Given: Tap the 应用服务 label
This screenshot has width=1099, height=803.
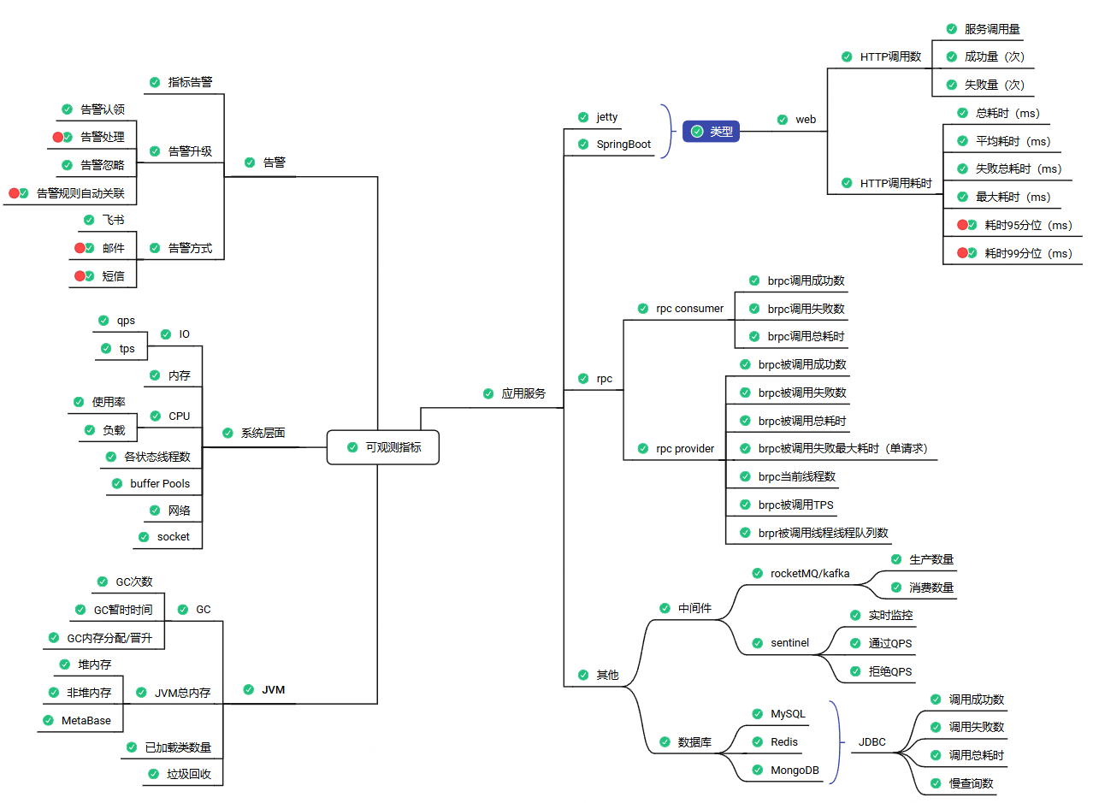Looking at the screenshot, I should pos(523,394).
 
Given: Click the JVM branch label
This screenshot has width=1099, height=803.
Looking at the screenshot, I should pos(274,689).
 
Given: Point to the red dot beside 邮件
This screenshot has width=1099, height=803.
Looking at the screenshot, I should pos(80,248).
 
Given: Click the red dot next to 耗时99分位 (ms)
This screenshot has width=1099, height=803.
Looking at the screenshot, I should pos(962,253).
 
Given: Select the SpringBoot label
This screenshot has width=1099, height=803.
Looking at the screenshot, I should pos(623,145).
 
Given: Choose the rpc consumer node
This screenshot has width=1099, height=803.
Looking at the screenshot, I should pos(689,309).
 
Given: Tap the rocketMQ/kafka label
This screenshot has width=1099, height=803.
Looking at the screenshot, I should pos(810,573).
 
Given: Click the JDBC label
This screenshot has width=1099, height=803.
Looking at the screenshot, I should pos(872,742).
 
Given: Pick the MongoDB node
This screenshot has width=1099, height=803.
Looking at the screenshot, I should pos(795,770).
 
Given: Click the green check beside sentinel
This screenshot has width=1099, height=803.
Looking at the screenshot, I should pos(757,643).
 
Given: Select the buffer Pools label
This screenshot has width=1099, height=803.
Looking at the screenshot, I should pos(160,484).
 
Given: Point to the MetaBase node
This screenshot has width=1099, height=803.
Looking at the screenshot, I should pos(86,721).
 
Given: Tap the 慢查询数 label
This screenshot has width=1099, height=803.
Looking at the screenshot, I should pos(972,783).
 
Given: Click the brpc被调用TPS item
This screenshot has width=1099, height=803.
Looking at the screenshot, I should pos(795,505).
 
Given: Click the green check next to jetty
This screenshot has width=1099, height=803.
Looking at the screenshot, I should pos(582,116).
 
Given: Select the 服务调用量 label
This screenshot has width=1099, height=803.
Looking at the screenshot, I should pos(992,29).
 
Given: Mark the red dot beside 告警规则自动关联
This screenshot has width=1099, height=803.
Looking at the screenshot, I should pos(14,193).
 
